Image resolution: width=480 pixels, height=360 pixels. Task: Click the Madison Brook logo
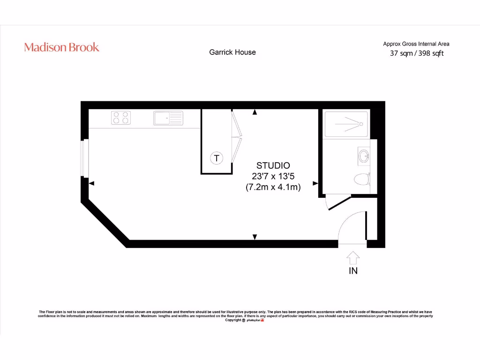point(61,47)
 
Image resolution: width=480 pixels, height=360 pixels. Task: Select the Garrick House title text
point(232,52)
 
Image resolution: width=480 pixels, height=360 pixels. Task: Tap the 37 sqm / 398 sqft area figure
point(417,53)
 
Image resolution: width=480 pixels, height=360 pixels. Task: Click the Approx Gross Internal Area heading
point(416,44)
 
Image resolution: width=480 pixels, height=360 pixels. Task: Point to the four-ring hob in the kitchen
point(121,118)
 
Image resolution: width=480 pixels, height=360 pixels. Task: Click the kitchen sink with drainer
point(168,118)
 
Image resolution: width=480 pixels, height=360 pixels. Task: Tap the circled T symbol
point(216,158)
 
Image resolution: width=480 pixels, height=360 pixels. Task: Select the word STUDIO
point(273,165)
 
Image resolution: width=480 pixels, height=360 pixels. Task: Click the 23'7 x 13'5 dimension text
point(273,176)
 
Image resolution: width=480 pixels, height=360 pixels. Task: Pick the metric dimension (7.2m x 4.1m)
point(273,187)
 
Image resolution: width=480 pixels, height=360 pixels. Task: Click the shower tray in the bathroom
point(347,124)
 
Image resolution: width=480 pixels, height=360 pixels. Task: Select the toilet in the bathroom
point(362,179)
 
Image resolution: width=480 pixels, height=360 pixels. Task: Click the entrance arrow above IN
point(353,257)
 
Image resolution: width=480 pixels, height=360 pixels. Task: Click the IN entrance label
point(353,271)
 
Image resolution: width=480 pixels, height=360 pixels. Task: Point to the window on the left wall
point(84,158)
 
